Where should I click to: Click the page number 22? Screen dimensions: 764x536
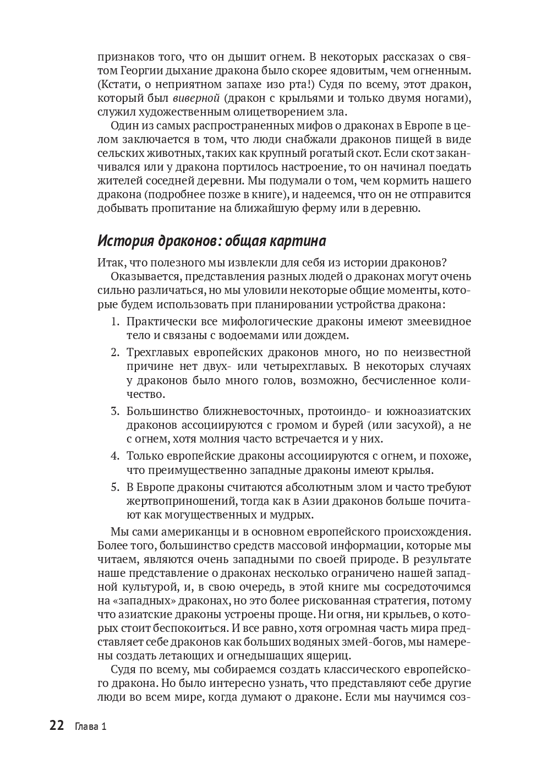[57, 725]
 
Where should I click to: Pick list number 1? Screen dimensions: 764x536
[114, 321]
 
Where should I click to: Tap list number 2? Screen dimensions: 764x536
[114, 352]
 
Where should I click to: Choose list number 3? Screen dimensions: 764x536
[114, 411]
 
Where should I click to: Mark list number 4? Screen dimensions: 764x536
[114, 456]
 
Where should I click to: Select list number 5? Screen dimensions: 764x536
[114, 487]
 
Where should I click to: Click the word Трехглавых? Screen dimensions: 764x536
[160, 352]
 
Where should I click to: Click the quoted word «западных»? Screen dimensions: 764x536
[140, 601]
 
